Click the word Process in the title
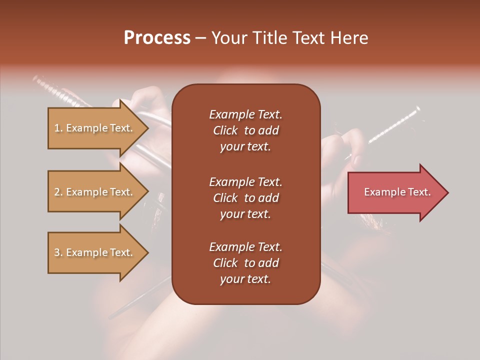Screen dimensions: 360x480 [157, 38]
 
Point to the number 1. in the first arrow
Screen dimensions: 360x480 [58, 128]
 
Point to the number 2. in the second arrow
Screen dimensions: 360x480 [58, 192]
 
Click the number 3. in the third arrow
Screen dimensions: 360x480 [58, 252]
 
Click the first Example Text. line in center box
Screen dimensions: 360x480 [245, 114]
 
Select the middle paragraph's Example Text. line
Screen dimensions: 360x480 [245, 182]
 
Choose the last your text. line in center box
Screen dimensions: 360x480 [245, 279]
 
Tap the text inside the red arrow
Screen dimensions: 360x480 [397, 192]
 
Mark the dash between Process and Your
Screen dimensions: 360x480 [200, 38]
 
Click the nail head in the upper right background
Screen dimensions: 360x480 [416, 109]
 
